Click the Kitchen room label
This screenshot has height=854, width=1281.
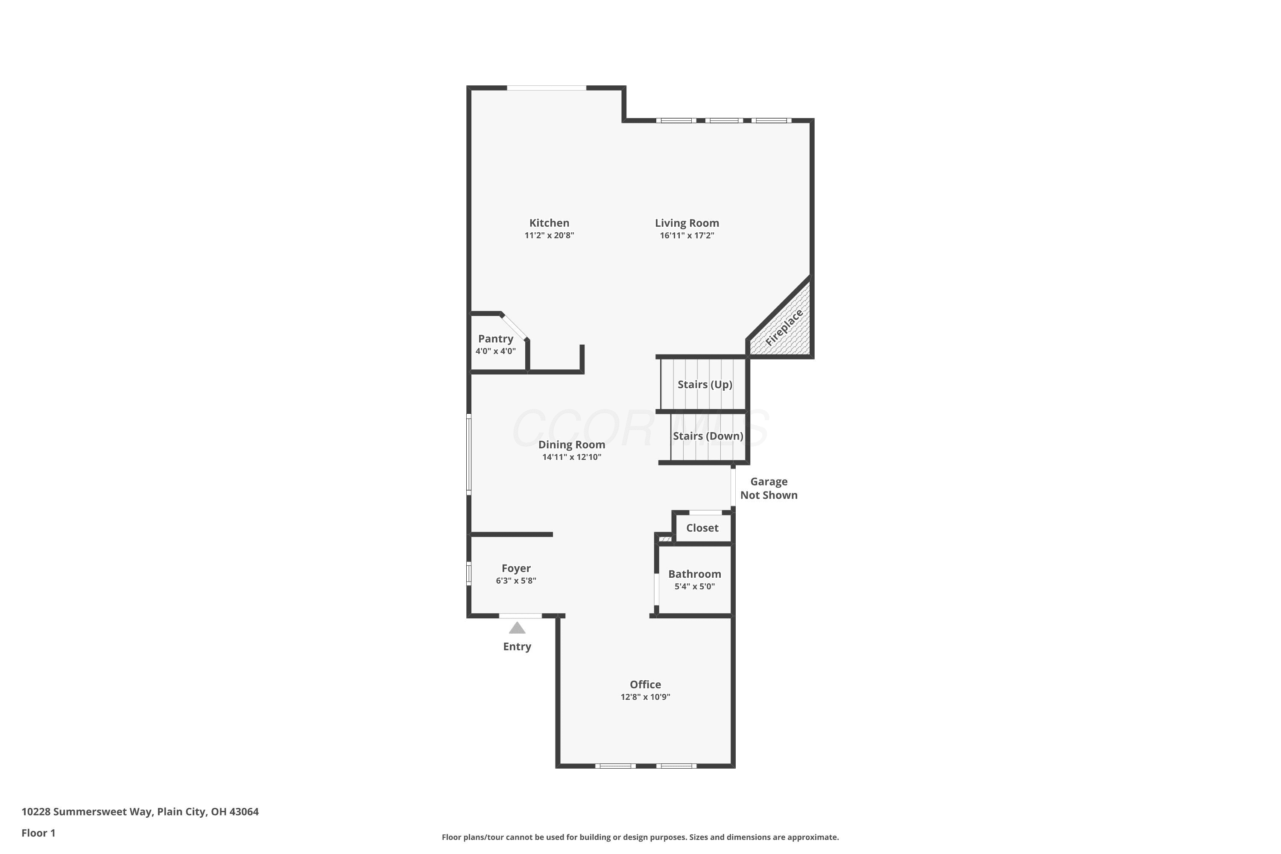(549, 223)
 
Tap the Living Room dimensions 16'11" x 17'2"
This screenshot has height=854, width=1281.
(687, 235)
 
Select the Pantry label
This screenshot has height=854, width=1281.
(496, 339)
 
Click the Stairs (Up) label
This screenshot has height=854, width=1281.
(705, 385)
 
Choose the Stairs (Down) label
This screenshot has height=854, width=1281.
(708, 436)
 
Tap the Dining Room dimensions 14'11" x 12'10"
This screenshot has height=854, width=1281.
(571, 457)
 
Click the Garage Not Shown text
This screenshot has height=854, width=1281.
(769, 488)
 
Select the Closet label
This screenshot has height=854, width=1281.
(702, 528)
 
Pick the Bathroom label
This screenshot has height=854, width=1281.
(694, 574)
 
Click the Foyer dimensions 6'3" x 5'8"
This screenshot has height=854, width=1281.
(516, 581)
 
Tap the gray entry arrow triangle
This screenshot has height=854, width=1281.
(517, 628)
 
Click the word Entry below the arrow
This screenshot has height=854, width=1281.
(517, 646)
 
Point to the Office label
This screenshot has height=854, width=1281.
(645, 684)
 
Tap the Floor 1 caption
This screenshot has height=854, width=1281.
(38, 833)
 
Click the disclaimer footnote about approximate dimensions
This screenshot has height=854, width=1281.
(640, 837)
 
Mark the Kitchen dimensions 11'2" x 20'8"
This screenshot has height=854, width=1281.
(549, 235)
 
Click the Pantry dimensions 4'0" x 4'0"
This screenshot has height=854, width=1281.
(496, 351)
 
